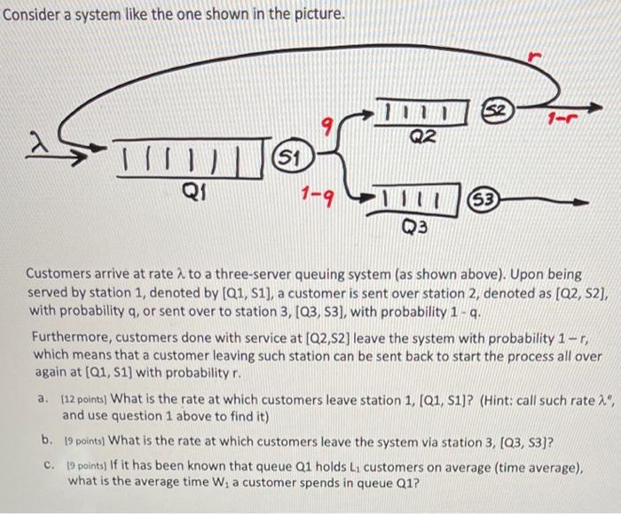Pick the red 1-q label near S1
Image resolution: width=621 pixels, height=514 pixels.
tap(318, 193)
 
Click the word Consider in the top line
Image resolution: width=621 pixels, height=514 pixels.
tap(32, 15)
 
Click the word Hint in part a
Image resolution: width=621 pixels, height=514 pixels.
tap(496, 399)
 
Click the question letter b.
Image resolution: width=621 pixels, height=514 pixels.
tap(45, 440)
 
